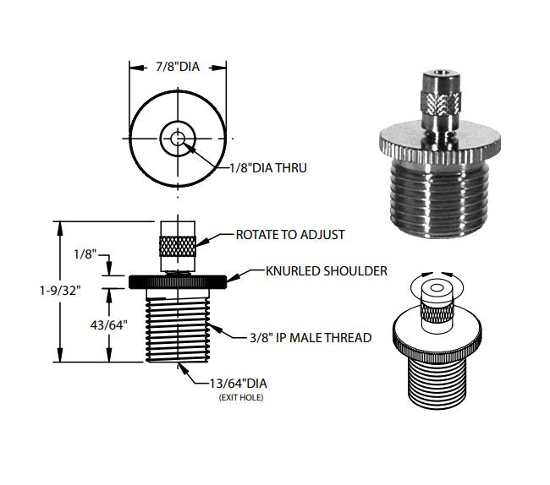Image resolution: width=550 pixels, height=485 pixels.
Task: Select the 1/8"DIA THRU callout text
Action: [x=267, y=168]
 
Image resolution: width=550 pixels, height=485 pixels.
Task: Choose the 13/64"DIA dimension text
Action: [x=236, y=383]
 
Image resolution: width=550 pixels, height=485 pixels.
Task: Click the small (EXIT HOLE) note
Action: [x=237, y=396]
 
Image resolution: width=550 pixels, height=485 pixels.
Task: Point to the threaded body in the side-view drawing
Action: [x=179, y=328]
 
